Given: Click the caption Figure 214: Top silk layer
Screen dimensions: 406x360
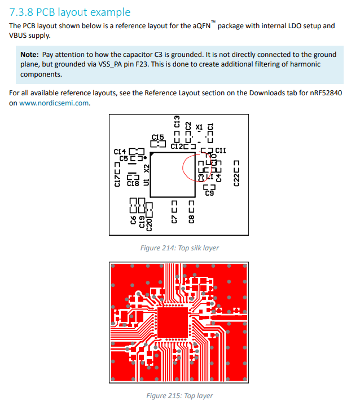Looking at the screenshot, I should [x=179, y=248].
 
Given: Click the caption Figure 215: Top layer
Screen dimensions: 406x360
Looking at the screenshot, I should [x=179, y=395].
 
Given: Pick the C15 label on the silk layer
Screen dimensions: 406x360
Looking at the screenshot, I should [x=158, y=137].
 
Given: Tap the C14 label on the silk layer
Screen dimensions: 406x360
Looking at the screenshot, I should [x=120, y=151].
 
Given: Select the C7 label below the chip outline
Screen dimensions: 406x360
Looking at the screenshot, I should [x=174, y=218].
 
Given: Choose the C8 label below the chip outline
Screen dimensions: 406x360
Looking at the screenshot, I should [x=191, y=218].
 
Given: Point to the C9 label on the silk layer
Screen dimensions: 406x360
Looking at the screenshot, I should [x=209, y=193].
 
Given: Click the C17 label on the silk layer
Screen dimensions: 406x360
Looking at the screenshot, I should [x=117, y=180].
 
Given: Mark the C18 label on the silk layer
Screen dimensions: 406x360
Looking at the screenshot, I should [x=133, y=183].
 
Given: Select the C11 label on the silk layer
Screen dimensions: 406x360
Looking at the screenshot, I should [x=221, y=150].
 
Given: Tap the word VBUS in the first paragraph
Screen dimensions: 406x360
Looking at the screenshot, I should [x=22, y=36].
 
